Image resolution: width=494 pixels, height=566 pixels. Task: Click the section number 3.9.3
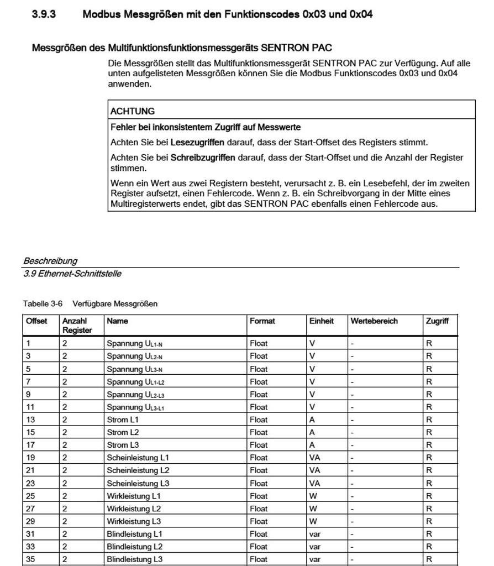(x=44, y=14)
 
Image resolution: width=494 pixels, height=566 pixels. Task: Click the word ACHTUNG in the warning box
(x=133, y=111)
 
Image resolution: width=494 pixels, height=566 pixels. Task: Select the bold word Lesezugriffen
(x=197, y=142)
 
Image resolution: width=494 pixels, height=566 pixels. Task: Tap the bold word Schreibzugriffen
(x=203, y=158)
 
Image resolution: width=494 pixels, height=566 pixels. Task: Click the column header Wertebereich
(x=374, y=321)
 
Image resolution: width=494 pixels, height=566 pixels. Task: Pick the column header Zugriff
(x=437, y=321)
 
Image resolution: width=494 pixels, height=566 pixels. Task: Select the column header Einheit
(x=321, y=321)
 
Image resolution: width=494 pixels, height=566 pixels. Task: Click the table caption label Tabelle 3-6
(x=43, y=303)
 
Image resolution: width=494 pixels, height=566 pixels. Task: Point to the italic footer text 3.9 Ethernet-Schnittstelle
(x=72, y=274)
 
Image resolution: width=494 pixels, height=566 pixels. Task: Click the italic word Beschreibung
(x=50, y=261)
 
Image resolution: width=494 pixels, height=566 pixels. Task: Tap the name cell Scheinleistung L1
(x=138, y=458)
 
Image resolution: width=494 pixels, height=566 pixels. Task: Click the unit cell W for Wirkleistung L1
(x=313, y=496)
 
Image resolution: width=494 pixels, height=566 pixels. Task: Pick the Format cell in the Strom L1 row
(x=259, y=420)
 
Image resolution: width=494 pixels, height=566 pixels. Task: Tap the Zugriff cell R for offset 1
(x=429, y=343)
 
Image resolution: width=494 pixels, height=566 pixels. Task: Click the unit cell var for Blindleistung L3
(x=315, y=559)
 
